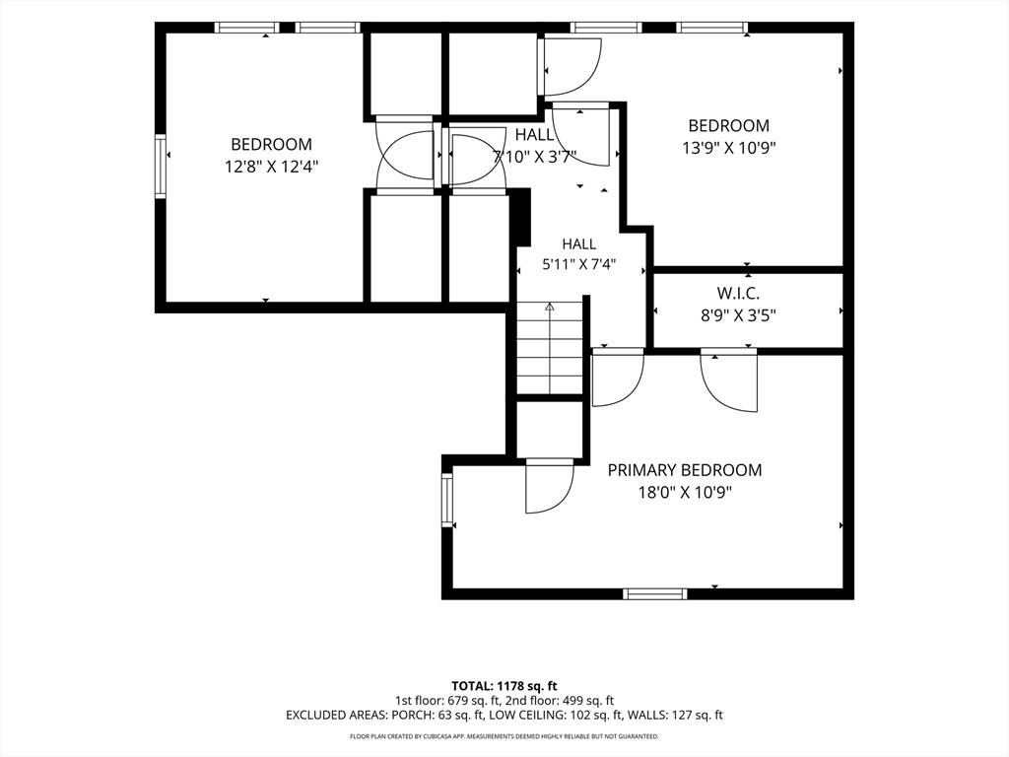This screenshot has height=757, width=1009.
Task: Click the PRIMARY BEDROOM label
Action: (685, 470)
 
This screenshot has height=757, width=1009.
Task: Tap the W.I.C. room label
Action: (738, 294)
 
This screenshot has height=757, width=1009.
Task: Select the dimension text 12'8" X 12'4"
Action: (272, 167)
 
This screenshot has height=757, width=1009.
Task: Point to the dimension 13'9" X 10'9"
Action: (729, 148)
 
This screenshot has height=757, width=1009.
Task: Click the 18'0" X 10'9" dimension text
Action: (686, 493)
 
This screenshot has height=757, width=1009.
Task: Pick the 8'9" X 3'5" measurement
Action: (738, 315)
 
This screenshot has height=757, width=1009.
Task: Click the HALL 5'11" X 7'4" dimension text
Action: (579, 264)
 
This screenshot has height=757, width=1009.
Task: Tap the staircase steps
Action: (550, 348)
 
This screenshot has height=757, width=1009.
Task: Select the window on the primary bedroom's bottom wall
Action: (654, 593)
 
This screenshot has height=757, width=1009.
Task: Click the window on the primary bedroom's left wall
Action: (447, 500)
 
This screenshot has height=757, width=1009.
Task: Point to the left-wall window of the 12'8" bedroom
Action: (161, 166)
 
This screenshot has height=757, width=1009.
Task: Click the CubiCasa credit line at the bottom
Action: (504, 736)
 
